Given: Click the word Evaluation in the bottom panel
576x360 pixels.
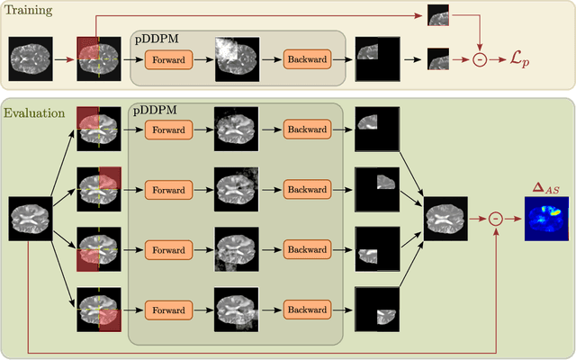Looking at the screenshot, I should (x=34, y=113).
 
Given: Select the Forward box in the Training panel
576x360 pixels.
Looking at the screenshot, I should (x=167, y=59).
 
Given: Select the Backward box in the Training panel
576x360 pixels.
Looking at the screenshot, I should (x=307, y=59).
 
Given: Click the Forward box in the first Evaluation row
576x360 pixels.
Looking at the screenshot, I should (x=167, y=130).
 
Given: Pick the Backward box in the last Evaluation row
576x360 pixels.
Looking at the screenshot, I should (x=307, y=310).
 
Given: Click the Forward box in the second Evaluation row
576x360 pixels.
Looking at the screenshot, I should (x=167, y=190).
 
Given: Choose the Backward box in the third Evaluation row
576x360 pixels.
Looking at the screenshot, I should (x=307, y=250).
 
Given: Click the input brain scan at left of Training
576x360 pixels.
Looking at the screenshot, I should (x=31, y=59).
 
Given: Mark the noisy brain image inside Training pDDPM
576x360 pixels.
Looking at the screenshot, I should (x=237, y=59).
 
